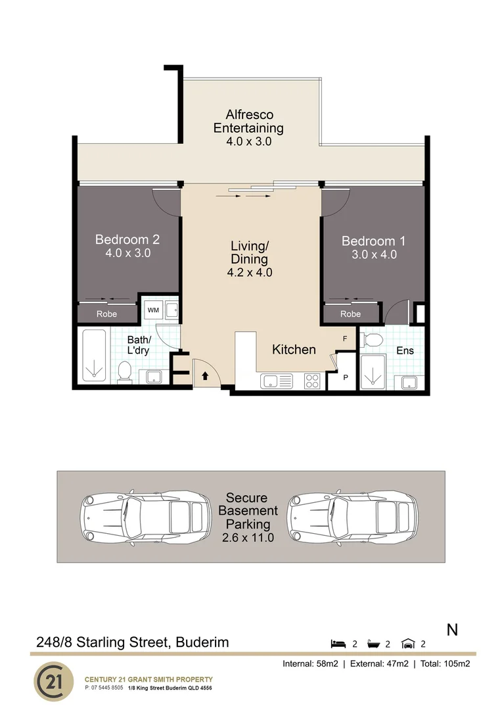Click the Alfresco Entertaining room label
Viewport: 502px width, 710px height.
tap(248, 122)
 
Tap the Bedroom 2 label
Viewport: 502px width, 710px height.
tap(127, 240)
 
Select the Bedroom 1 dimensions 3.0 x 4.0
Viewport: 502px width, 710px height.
tap(373, 254)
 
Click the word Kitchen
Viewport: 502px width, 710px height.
tap(294, 350)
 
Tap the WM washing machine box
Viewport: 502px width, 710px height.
tap(152, 309)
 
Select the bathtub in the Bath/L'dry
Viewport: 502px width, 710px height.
tap(95, 355)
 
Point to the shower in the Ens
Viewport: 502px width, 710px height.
tap(375, 371)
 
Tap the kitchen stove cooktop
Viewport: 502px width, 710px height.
tap(312, 381)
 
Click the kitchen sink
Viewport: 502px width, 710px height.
tap(276, 381)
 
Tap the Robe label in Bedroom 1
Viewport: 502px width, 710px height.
tap(350, 314)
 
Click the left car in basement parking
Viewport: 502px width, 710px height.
tap(141, 517)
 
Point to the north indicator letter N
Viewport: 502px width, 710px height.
tap(452, 630)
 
